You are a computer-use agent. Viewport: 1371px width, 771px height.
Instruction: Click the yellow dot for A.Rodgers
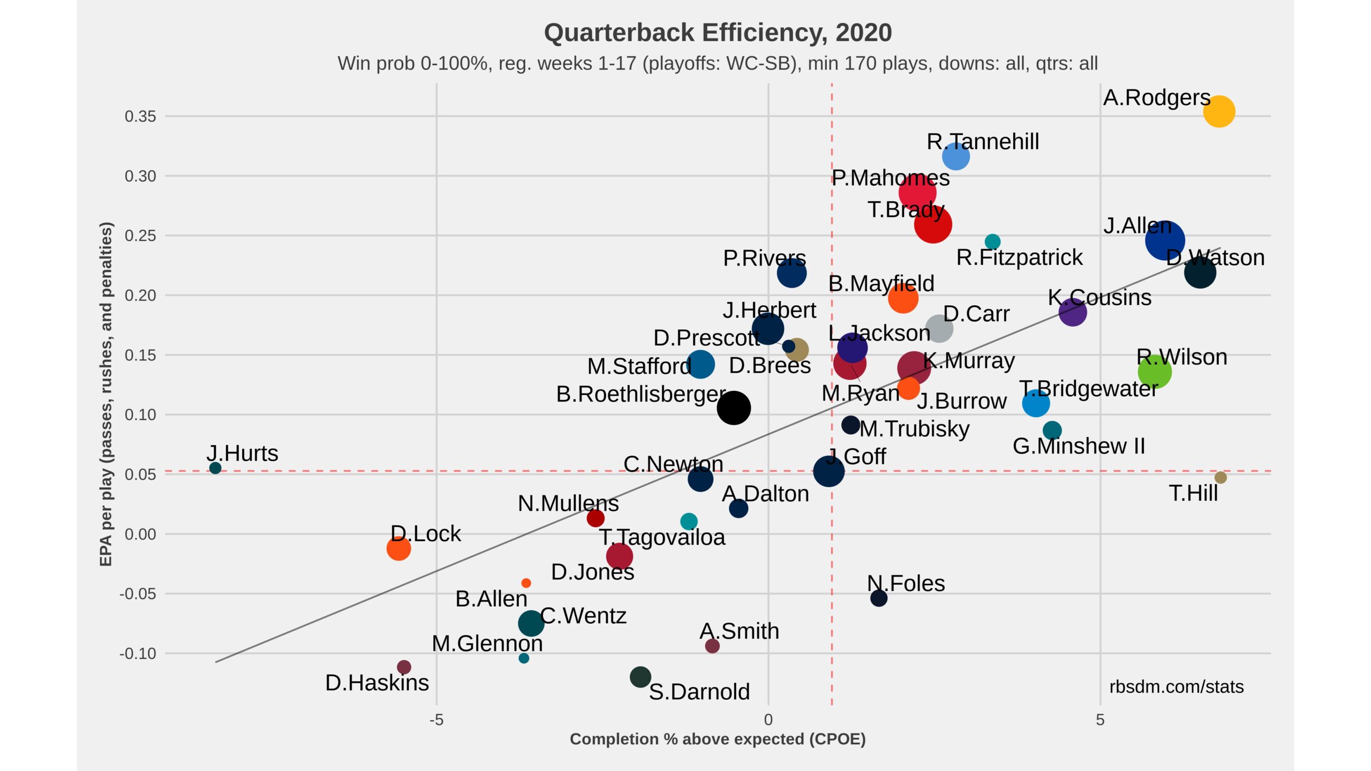1219,111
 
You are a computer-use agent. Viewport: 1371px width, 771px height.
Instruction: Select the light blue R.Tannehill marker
955,156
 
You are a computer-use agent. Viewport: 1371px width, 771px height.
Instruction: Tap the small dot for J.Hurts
215,468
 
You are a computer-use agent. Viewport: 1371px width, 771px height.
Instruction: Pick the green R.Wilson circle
1155,371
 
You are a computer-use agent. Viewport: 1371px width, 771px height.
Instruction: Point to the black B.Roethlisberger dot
734,407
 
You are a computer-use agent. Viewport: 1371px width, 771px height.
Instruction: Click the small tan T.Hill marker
1221,477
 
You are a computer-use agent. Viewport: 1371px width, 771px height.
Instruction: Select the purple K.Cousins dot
1072,312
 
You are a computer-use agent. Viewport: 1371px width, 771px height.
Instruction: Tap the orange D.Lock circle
398,548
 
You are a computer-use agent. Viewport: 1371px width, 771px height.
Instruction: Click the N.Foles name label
906,583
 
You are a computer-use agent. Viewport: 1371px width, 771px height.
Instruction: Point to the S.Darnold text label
699,691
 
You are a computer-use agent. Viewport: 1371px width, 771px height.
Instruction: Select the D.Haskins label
377,683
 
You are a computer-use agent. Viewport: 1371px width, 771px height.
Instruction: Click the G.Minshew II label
1079,446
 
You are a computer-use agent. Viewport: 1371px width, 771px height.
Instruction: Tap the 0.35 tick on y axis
140,116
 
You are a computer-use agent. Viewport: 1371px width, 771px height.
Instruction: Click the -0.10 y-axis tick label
138,653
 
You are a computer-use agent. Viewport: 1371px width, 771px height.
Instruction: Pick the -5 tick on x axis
436,720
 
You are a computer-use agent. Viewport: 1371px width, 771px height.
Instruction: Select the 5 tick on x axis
1100,720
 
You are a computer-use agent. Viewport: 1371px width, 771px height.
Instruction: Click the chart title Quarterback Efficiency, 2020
718,33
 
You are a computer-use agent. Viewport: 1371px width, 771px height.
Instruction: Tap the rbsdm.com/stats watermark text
1176,686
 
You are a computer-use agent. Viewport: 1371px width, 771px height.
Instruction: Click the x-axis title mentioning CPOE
718,739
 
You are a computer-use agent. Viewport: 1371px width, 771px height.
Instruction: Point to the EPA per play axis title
106,394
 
